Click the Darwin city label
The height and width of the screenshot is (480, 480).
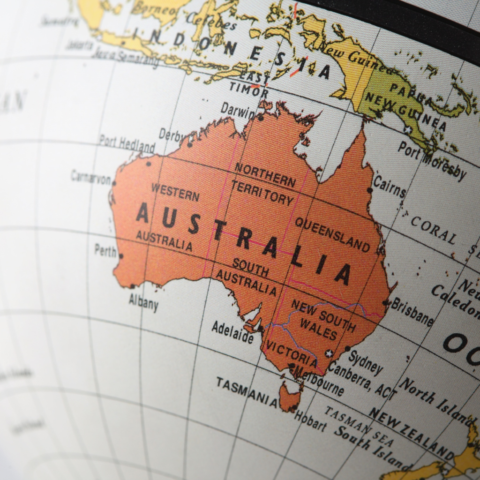click(x=238, y=110)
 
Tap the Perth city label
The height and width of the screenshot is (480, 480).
click(x=105, y=250)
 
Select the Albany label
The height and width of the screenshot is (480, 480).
click(x=144, y=302)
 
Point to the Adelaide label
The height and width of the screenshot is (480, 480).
click(x=232, y=332)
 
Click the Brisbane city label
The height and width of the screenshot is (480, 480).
click(x=412, y=312)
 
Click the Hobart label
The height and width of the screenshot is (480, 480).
click(x=310, y=420)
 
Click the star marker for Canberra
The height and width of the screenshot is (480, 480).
click(x=330, y=353)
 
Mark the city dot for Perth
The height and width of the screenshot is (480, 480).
click(x=121, y=256)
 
